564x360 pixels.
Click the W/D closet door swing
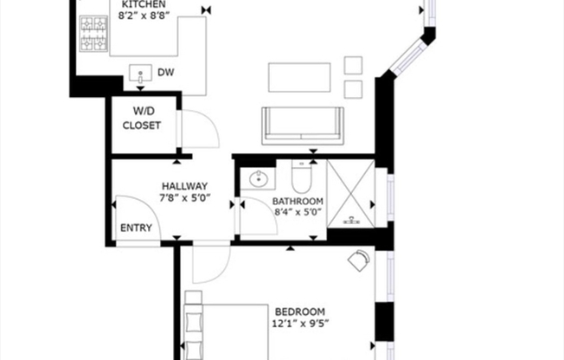click(197, 130)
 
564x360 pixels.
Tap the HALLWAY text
click(184, 185)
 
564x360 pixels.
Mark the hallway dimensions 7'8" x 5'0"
click(184, 197)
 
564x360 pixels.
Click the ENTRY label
click(136, 228)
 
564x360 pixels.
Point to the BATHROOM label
click(298, 198)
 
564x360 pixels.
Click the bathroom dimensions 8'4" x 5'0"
click(298, 210)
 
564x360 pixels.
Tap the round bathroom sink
click(257, 180)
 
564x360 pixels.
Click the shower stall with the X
click(350, 195)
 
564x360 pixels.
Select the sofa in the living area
click(303, 124)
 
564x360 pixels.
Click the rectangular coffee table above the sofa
click(299, 76)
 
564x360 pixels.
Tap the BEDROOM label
click(299, 312)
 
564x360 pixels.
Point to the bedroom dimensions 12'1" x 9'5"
click(299, 325)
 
